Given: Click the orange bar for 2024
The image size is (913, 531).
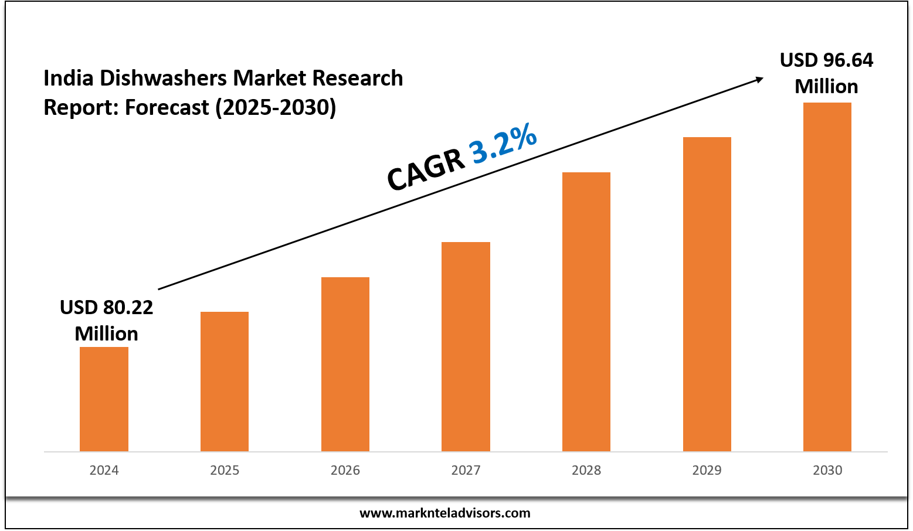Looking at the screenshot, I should (x=104, y=399).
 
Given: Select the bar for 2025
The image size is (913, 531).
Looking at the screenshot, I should (x=225, y=381).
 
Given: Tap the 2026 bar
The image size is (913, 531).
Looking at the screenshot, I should (x=345, y=363).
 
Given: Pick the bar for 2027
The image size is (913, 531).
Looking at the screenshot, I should (x=466, y=346).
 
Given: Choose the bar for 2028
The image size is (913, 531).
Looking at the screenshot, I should (x=586, y=311).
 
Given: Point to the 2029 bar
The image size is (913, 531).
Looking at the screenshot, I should (x=707, y=294).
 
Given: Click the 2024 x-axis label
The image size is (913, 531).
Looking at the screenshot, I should (x=104, y=470).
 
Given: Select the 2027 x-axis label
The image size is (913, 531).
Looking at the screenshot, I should (x=466, y=470).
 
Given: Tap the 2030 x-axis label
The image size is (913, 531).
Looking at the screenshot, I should (x=827, y=470).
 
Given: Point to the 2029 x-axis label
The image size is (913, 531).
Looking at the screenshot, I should (x=707, y=470).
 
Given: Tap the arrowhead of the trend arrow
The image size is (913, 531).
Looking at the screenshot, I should (x=759, y=79).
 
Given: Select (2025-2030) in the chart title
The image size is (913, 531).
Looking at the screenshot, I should (x=276, y=108).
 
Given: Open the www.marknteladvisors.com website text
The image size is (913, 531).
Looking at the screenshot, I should (x=444, y=513).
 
